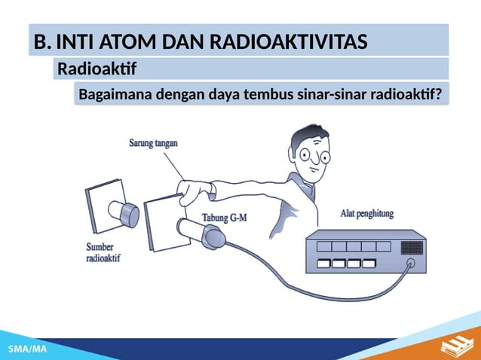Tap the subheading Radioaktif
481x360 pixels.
97,70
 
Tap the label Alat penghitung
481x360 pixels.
367,214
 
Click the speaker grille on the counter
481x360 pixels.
412,247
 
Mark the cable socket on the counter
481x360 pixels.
411,264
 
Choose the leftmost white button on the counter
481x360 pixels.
324,264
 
